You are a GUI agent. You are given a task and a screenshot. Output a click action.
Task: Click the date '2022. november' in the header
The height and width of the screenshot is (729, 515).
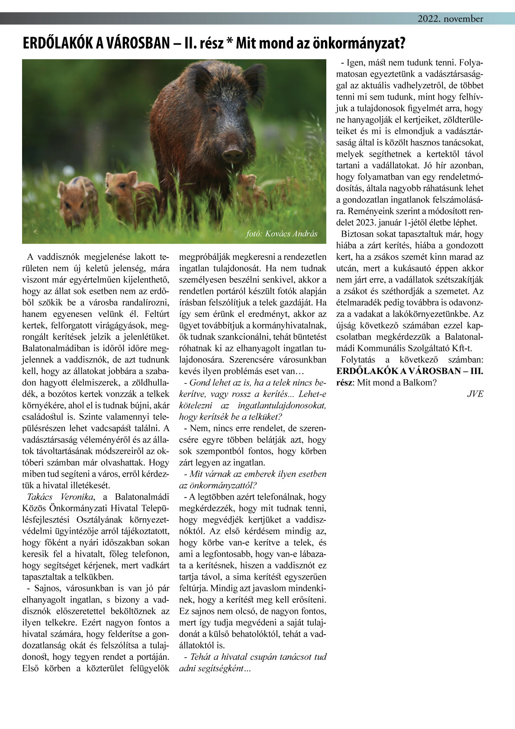(x=450, y=19)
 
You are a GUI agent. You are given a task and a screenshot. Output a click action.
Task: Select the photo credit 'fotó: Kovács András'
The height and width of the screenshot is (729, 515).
(x=281, y=234)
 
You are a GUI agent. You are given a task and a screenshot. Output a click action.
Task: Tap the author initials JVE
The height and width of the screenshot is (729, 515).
(x=475, y=394)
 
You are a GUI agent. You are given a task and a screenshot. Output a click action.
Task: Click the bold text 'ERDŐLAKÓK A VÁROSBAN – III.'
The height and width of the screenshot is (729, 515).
(x=409, y=371)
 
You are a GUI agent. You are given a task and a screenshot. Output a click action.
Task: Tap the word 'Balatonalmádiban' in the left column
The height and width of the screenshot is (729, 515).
(x=56, y=348)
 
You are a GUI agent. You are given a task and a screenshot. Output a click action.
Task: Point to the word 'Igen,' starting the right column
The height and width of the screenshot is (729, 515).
(x=354, y=63)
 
